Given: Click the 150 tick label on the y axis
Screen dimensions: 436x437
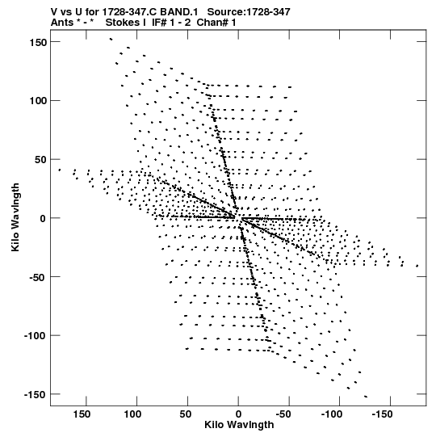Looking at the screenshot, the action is (38, 43).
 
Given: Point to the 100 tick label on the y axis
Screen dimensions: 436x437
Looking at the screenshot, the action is (38, 101).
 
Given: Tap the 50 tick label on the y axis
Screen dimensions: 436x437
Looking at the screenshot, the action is (40, 160).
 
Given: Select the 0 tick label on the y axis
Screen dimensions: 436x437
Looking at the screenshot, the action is (43, 218).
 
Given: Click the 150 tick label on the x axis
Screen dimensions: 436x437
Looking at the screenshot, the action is (82, 414).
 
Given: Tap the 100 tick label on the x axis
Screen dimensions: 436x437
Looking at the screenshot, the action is (132, 414).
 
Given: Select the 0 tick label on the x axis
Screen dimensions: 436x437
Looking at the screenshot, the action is (238, 414).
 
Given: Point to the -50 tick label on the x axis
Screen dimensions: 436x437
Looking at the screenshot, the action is (283, 414).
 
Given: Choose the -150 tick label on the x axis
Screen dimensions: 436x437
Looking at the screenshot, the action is (382, 414).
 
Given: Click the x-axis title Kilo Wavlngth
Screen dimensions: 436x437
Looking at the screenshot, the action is (239, 425).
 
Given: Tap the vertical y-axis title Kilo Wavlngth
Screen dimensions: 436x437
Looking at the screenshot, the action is (15, 217).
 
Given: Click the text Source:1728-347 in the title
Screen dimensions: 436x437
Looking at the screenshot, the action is (249, 12).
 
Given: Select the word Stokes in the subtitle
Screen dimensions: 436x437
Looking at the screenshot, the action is (122, 23).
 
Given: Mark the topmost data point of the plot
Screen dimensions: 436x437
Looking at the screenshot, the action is (111, 39).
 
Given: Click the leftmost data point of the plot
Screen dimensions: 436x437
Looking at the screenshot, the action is (59, 170).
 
